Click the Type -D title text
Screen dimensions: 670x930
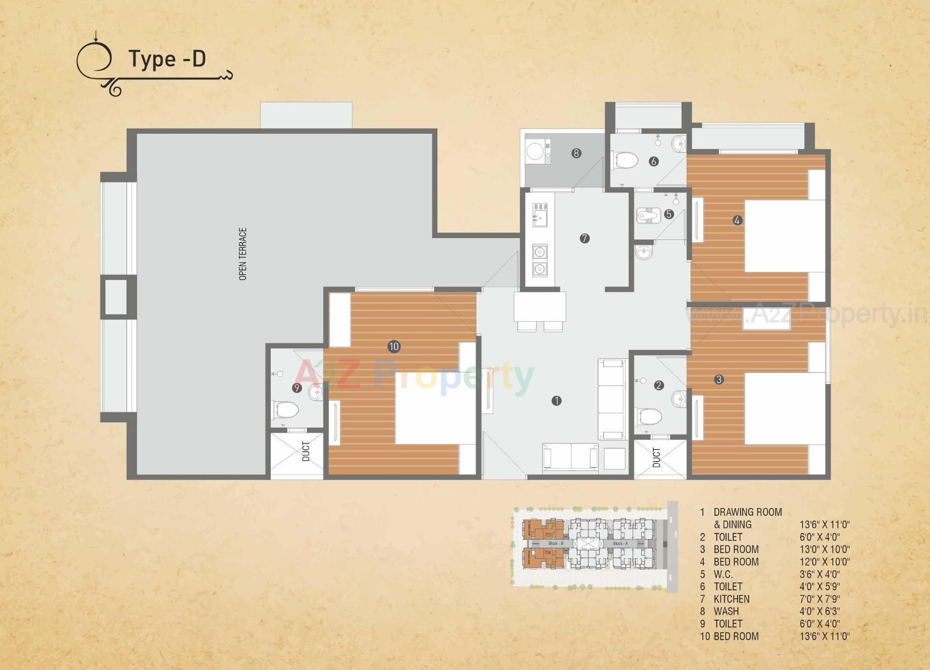click(x=167, y=59)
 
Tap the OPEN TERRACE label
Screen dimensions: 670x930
click(x=243, y=254)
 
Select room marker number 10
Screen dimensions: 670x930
click(x=394, y=347)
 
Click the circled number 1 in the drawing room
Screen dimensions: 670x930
click(x=557, y=401)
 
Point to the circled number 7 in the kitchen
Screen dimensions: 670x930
click(x=585, y=239)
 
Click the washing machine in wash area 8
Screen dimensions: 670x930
click(x=535, y=151)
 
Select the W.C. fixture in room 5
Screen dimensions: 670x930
click(x=647, y=215)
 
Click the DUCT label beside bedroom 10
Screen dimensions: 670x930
click(x=306, y=451)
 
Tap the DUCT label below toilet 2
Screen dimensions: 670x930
click(x=656, y=458)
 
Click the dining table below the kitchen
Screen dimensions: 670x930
click(x=540, y=306)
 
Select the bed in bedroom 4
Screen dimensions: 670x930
click(x=784, y=236)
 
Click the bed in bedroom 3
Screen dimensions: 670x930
click(x=784, y=408)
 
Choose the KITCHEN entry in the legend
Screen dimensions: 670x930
click(x=731, y=599)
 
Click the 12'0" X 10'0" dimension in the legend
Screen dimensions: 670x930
click(x=824, y=562)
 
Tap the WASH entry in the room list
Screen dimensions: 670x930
click(x=726, y=611)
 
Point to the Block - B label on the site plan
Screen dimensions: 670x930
click(x=556, y=543)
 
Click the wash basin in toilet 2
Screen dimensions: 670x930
click(x=679, y=399)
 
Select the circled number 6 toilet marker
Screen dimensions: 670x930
click(x=653, y=161)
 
